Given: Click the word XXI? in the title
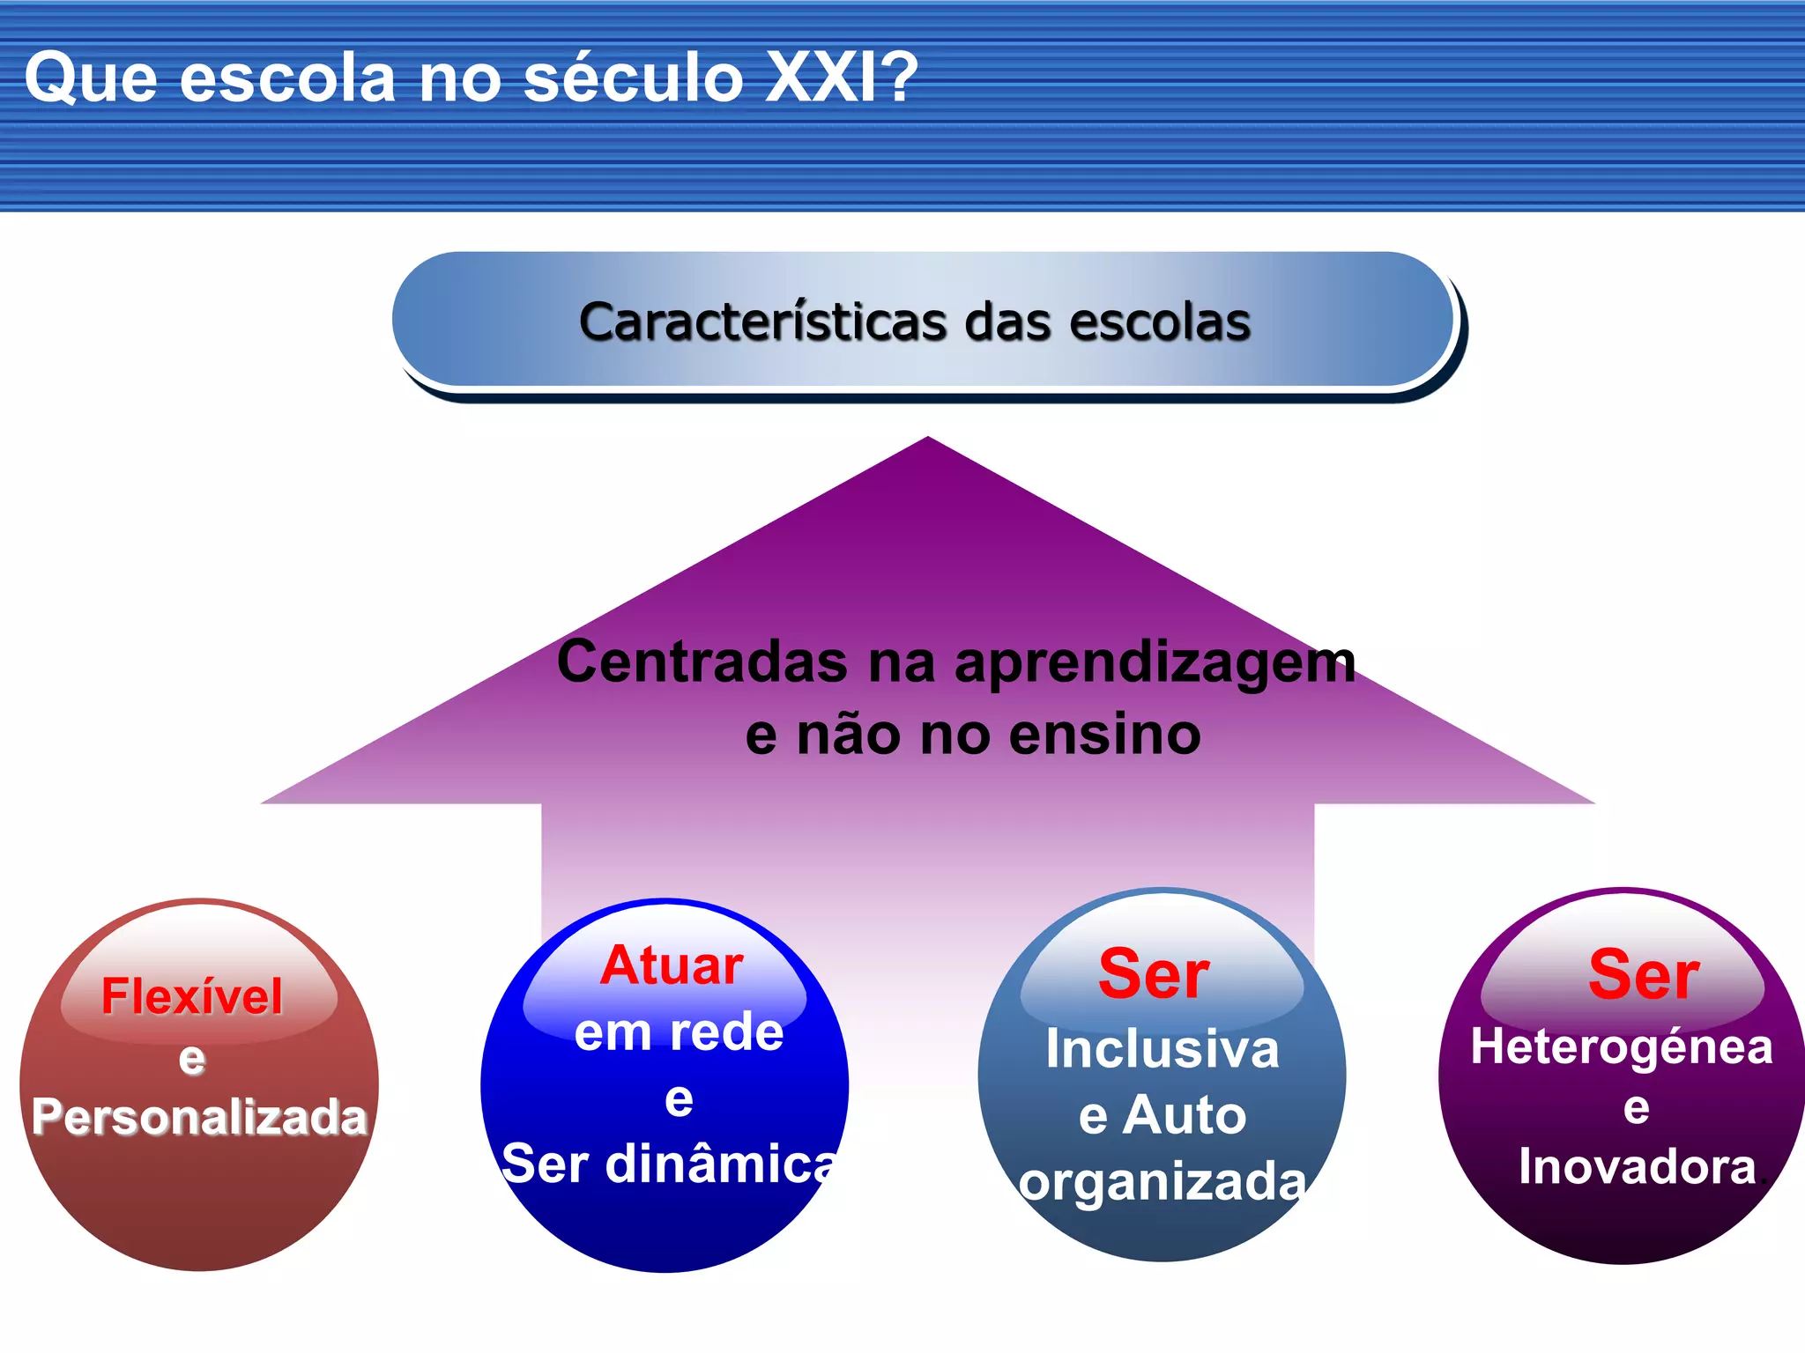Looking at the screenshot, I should point(842,78).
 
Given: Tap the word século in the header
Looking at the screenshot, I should point(633,78).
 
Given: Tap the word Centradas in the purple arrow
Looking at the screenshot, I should point(702,662).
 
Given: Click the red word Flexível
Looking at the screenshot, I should point(192,996).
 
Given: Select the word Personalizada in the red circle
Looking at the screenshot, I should point(199,1117).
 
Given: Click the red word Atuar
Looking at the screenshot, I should point(672,965).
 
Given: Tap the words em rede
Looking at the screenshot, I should point(679,1031).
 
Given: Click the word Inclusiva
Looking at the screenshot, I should point(1162,1049).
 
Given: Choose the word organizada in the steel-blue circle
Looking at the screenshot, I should point(1162,1181).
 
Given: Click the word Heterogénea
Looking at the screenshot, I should point(1621,1046).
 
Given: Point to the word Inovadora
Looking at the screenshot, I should point(1637,1166).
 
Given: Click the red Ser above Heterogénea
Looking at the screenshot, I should point(1644,974).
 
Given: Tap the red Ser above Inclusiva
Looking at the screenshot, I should point(1154,974).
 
